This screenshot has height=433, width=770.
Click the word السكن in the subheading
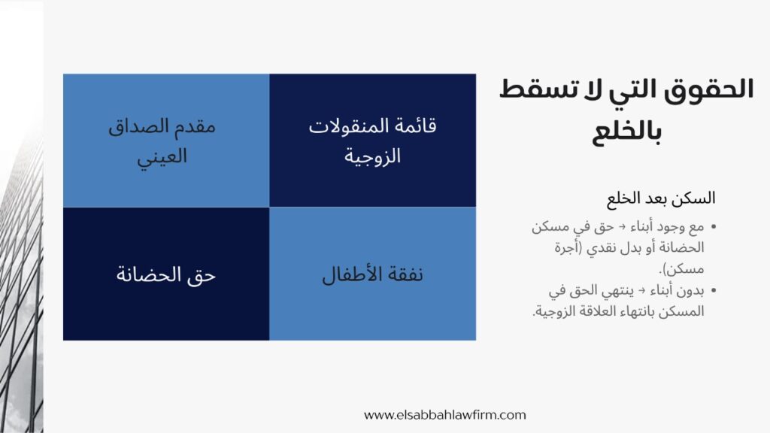point(696,199)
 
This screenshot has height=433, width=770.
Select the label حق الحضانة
point(165,274)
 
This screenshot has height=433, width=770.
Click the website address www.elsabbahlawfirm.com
point(445,414)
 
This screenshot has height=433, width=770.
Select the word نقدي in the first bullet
point(595,247)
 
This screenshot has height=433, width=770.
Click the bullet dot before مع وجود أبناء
point(714,226)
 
